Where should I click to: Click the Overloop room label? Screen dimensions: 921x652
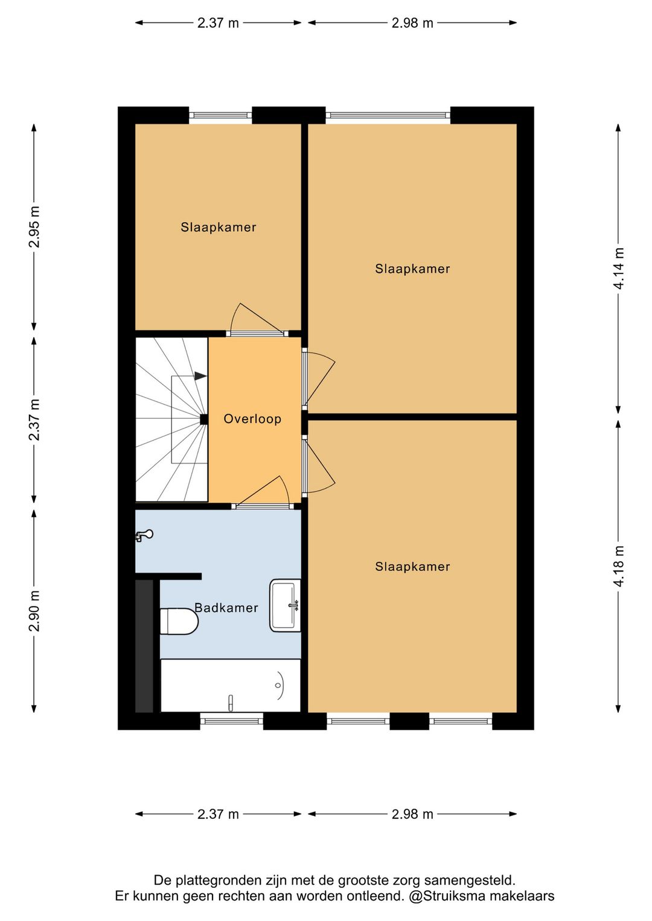[252, 419]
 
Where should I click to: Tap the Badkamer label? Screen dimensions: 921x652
[226, 608]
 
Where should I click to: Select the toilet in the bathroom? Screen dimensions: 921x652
[179, 621]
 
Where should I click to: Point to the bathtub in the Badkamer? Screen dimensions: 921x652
[231, 686]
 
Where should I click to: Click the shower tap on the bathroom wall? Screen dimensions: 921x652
[144, 535]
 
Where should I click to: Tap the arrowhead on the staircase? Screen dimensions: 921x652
[200, 376]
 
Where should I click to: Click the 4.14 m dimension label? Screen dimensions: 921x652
[619, 268]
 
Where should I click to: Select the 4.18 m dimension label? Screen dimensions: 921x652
[619, 566]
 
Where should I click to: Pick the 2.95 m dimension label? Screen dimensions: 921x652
[34, 227]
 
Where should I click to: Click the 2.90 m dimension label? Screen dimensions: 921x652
[34, 611]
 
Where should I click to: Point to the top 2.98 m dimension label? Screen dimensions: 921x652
[412, 23]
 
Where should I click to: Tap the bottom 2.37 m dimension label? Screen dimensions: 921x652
[218, 814]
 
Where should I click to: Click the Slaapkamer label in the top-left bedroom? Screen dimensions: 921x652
[219, 228]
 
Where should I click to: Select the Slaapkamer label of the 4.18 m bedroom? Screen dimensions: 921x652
[412, 567]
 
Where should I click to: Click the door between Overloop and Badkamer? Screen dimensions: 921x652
[262, 506]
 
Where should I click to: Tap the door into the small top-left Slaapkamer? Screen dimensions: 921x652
[257, 333]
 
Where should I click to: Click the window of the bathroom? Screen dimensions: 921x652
[231, 721]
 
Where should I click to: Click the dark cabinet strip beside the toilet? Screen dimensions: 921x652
[144, 646]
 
